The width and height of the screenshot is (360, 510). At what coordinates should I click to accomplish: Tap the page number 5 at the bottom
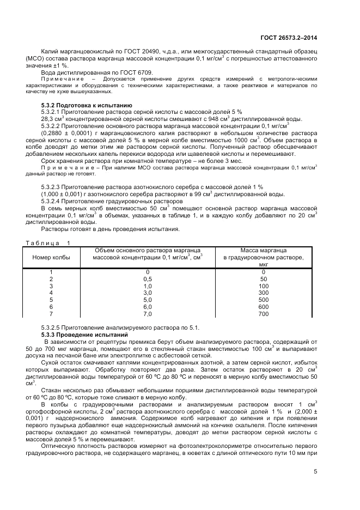pyautogui.click(x=315, y=472)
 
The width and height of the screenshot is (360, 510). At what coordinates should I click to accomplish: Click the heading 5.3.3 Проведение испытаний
pyautogui.click(x=84, y=333)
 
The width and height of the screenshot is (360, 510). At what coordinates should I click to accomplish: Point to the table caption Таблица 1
pyautogui.click(x=46, y=242)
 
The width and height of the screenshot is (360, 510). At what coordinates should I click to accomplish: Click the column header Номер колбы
pyautogui.click(x=51, y=257)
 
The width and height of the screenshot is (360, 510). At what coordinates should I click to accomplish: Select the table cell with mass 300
pyautogui.click(x=264, y=293)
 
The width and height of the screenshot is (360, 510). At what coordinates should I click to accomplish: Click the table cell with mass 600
pyautogui.click(x=264, y=307)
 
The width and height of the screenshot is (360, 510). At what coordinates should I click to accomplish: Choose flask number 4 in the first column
pyautogui.click(x=51, y=293)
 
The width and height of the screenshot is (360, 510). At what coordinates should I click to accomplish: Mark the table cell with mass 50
pyautogui.click(x=264, y=278)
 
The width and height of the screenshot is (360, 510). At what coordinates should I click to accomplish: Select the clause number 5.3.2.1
pyautogui.click(x=53, y=112)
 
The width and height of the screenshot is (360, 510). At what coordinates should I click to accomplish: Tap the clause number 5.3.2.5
pyautogui.click(x=53, y=326)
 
